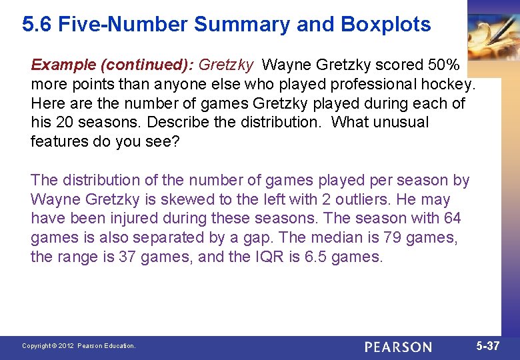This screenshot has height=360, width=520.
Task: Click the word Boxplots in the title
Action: pos(386,25)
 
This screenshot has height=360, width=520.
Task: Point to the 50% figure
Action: pos(443,65)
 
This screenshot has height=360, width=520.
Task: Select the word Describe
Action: pos(175,123)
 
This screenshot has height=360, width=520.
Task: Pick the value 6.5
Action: pos(315,257)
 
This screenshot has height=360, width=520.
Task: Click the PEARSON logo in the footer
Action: pos(398,347)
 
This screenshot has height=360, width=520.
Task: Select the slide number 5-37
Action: pos(488,346)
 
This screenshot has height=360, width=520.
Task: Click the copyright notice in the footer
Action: pos(79,346)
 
